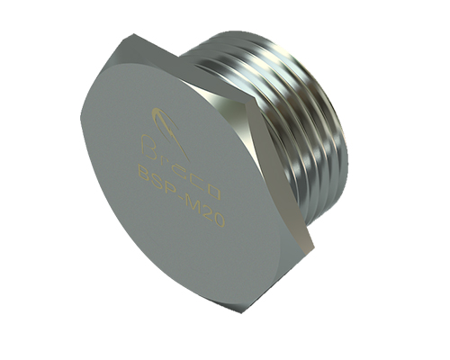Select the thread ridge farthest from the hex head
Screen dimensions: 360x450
click(x=335, y=135)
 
